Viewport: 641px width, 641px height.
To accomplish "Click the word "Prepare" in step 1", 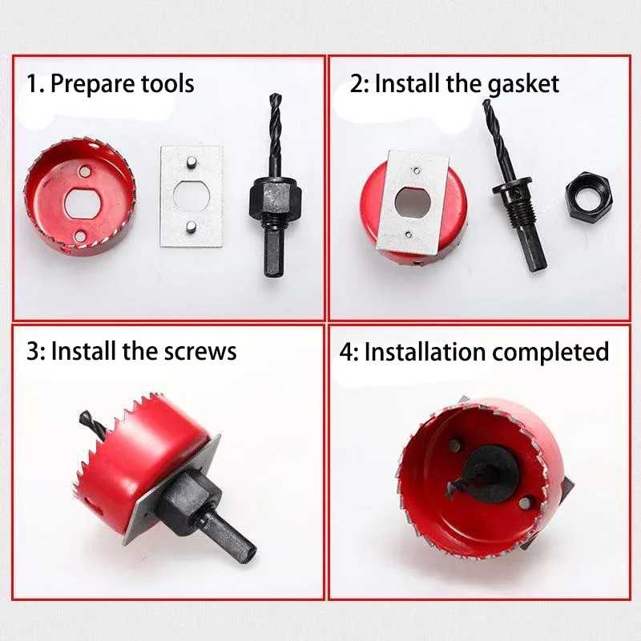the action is click(93, 84).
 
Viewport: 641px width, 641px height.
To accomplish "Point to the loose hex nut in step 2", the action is click(589, 194).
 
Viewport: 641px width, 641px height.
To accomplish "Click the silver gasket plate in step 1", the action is click(191, 196).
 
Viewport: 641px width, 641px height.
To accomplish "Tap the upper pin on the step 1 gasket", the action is click(191, 163).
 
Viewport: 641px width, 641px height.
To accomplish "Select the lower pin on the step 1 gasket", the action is click(191, 227).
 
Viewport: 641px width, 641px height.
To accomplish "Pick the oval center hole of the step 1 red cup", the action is click(83, 203).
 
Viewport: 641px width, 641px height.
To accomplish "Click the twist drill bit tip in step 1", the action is click(275, 96).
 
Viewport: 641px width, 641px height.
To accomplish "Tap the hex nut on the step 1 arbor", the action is click(275, 198).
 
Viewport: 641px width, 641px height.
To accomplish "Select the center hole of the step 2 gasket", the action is click(413, 203).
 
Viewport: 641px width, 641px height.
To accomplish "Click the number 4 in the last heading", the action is click(346, 353).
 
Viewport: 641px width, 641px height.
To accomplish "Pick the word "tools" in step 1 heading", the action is click(167, 83).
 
